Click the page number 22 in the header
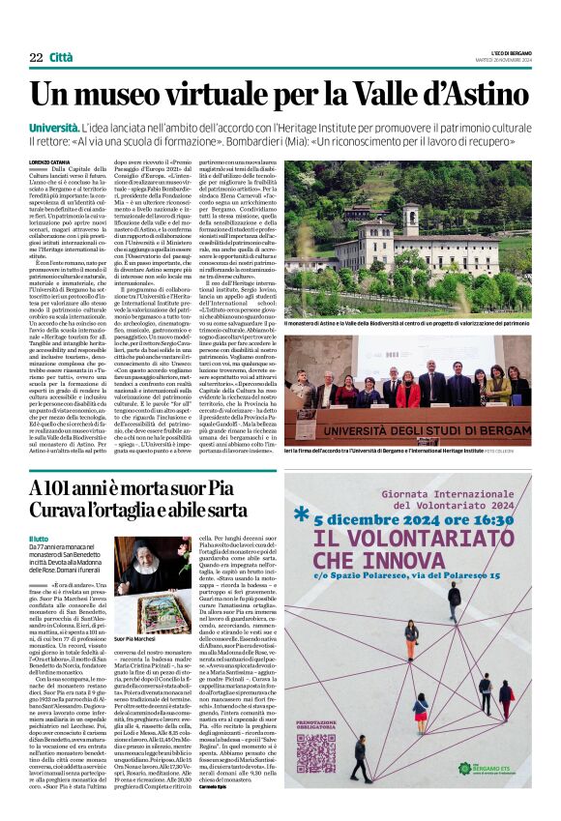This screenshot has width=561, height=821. click(x=36, y=58)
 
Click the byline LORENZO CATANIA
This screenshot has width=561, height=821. click(x=50, y=161)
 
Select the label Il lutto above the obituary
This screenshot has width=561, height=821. click(x=38, y=539)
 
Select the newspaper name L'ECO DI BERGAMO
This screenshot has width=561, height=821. click(x=503, y=50)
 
